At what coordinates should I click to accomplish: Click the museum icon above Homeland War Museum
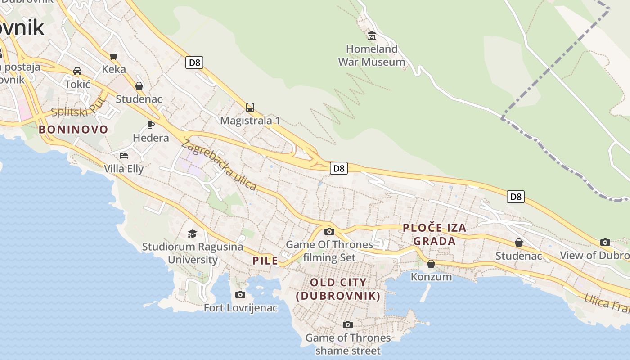click(372, 36)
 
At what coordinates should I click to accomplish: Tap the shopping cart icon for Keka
click(113, 56)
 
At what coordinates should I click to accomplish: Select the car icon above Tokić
click(77, 71)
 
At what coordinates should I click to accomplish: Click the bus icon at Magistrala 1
click(250, 107)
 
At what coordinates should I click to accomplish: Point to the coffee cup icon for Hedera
click(151, 125)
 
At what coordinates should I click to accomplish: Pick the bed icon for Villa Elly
click(124, 156)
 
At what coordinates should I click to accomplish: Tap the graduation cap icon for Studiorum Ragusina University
click(193, 234)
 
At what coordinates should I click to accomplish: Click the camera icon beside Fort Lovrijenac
click(240, 294)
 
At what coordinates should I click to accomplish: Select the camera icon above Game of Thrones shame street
click(347, 324)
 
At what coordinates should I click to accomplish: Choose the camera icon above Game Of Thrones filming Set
click(329, 231)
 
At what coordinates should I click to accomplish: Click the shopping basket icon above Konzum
click(431, 264)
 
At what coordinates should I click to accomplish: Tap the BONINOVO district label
click(73, 130)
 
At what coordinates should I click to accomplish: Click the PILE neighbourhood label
click(265, 260)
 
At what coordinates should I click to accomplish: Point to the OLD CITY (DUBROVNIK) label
click(338, 289)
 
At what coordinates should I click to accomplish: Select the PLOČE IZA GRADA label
click(434, 234)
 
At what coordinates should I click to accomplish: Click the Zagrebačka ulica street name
click(219, 165)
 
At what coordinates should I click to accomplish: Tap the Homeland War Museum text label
click(372, 55)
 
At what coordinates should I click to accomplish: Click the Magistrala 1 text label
click(250, 121)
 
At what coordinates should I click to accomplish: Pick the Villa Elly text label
click(124, 169)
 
